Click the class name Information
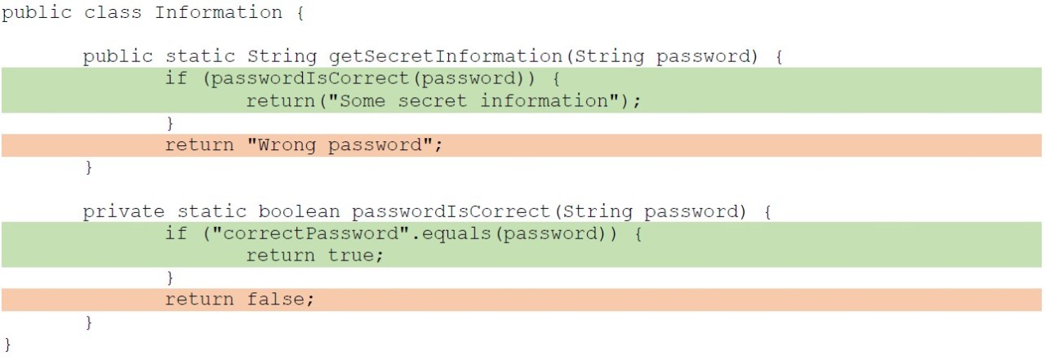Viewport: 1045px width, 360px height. click(x=218, y=12)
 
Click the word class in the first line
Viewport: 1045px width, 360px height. click(x=113, y=12)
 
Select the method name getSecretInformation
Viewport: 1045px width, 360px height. click(x=446, y=57)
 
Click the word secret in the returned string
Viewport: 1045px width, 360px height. click(x=433, y=101)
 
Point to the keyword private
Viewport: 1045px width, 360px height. click(x=123, y=211)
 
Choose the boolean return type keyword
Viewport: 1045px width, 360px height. click(x=299, y=211)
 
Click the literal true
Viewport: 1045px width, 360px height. click(x=351, y=256)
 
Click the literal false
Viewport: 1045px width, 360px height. click(x=276, y=300)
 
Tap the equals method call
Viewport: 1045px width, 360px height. click(x=456, y=233)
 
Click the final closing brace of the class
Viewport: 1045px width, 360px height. click(x=7, y=344)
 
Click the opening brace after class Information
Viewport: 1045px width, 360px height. click(x=300, y=13)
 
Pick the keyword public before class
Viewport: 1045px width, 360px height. click(x=37, y=13)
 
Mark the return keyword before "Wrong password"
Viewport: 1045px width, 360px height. click(x=199, y=145)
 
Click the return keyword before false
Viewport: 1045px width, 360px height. click(x=199, y=300)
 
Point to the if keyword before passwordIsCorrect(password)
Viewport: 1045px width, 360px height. click(x=176, y=78)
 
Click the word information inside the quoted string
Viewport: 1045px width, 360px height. click(x=545, y=101)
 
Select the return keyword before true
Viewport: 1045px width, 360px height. click(x=281, y=256)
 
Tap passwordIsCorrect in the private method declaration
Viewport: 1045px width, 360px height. click(x=451, y=211)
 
